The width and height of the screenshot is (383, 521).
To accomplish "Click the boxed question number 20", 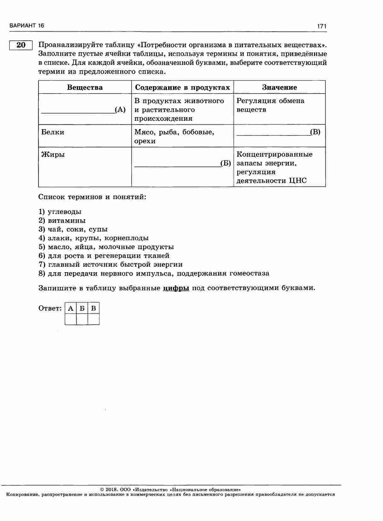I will [21, 45].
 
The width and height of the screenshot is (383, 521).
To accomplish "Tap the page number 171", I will [322, 26].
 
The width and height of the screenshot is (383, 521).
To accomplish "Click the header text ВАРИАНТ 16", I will [27, 26].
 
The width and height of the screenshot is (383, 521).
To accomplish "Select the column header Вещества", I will [85, 87].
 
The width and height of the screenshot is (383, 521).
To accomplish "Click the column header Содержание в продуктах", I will [182, 87].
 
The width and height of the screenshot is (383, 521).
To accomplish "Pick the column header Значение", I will [279, 87].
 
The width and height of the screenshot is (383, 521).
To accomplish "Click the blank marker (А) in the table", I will [120, 110].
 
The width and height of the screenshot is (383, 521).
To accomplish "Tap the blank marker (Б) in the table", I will [226, 163].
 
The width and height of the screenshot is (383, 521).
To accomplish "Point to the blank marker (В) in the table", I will [315, 132].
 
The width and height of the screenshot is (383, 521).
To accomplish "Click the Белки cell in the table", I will [53, 132].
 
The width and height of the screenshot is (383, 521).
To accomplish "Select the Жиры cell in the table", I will [53, 154].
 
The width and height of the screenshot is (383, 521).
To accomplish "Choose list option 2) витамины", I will [62, 220].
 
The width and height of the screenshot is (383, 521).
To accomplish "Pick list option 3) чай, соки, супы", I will [73, 229].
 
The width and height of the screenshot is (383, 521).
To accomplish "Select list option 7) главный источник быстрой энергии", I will [111, 265].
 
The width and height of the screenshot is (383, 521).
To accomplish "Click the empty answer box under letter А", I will [71, 319].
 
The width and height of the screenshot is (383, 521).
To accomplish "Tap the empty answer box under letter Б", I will [82, 319].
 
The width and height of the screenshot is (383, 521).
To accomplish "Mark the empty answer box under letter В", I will [94, 319].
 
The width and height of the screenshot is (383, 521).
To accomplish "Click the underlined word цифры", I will [176, 288].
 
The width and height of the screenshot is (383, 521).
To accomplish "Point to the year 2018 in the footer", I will [111, 490].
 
